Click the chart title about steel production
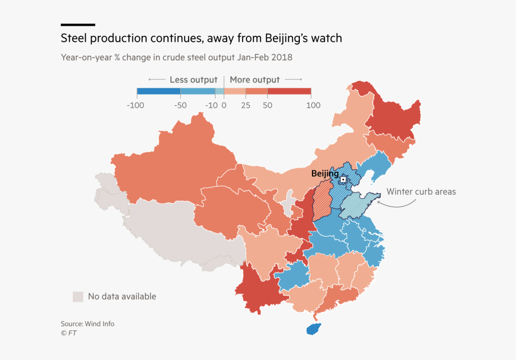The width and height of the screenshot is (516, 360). coord(201,38)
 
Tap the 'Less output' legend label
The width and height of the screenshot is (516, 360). coord(193,80)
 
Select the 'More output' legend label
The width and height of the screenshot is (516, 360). coord(255,80)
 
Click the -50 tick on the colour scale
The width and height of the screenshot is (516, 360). coord(181,105)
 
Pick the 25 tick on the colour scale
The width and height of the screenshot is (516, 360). coord(245,105)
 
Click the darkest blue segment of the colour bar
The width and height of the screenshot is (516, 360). coord(158,91)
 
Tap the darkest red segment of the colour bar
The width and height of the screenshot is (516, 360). coord(289,91)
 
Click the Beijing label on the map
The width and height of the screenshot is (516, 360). coord(325,173)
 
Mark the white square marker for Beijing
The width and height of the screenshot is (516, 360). coord(343,179)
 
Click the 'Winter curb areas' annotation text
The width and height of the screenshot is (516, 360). coord(421,191)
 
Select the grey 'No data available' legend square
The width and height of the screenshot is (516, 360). coord(77,296)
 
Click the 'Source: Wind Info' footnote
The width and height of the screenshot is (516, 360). coord(87,324)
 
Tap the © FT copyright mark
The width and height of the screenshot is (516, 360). coord(68,333)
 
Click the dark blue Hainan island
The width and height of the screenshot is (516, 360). coord(313,329)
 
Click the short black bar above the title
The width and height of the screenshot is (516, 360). coord(78,25)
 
